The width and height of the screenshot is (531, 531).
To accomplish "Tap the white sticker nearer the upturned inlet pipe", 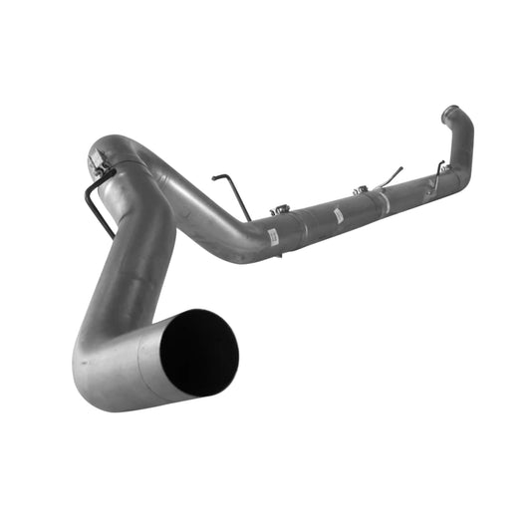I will coord(339,215).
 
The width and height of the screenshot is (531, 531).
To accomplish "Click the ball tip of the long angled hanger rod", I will coord(401,168).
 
